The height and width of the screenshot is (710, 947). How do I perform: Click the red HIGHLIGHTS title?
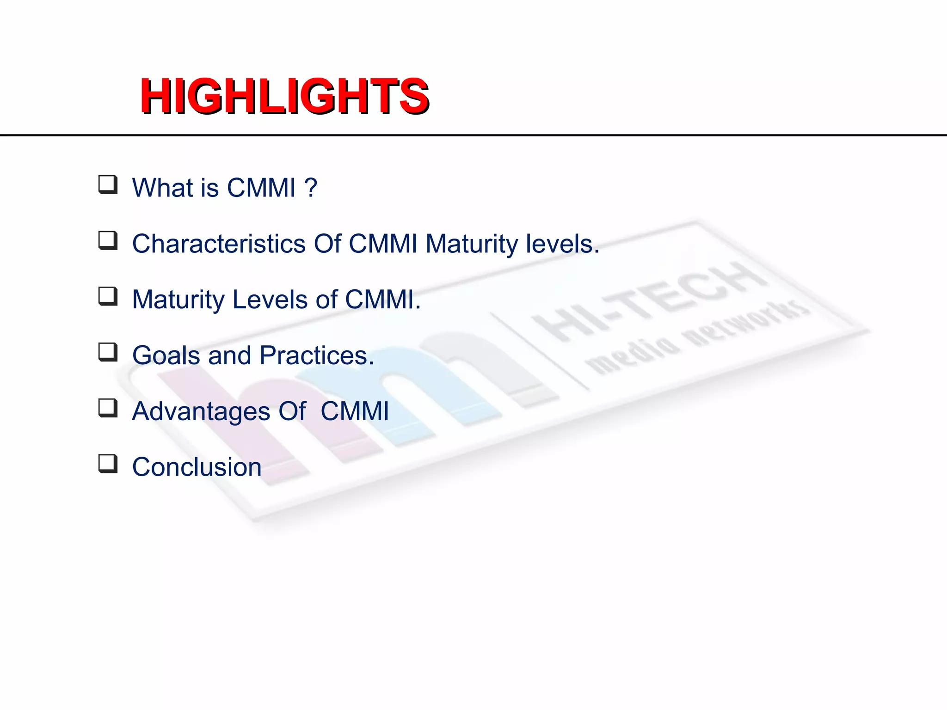(x=284, y=96)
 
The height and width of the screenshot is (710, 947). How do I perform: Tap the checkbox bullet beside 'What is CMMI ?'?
(x=108, y=184)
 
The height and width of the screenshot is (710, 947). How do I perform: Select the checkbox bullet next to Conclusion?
(x=108, y=464)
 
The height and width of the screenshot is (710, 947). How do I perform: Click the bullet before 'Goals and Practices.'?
(x=108, y=352)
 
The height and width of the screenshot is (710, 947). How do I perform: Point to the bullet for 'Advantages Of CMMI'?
(x=108, y=408)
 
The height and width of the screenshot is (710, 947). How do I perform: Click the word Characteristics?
(x=219, y=244)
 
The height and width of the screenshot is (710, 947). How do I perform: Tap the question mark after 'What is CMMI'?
(x=311, y=187)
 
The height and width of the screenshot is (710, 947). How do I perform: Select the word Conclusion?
(x=197, y=467)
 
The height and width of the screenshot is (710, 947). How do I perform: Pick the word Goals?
(x=166, y=355)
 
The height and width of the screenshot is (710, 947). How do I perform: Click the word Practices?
(x=316, y=355)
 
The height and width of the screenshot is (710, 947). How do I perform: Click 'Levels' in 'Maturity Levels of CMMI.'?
(x=270, y=300)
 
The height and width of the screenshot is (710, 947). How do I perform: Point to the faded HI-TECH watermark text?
(x=647, y=300)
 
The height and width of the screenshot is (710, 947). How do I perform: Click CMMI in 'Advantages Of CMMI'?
(x=355, y=411)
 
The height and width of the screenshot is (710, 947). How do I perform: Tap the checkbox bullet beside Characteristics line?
(x=108, y=240)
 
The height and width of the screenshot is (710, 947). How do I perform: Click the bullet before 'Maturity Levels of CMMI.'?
(x=108, y=296)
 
